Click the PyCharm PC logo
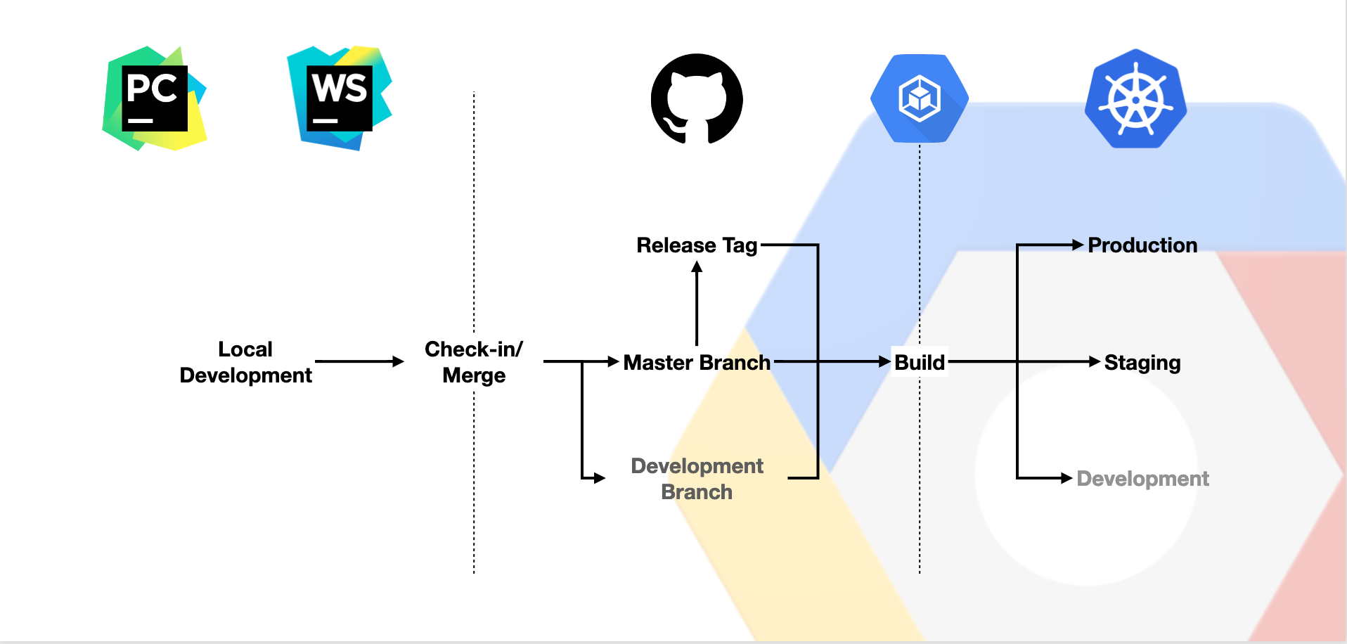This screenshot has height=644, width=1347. pyautogui.click(x=155, y=98)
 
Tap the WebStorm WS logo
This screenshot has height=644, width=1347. pyautogui.click(x=340, y=98)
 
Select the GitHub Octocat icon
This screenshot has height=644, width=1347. pyautogui.click(x=697, y=98)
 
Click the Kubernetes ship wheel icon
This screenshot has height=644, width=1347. pyautogui.click(x=1135, y=99)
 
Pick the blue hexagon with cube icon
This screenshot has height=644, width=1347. pyautogui.click(x=919, y=98)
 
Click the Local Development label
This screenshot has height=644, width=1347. pyautogui.click(x=245, y=362)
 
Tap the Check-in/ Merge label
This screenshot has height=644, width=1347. pyautogui.click(x=474, y=362)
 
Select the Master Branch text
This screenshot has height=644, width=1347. pyautogui.click(x=697, y=362)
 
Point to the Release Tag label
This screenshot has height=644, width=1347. pyautogui.click(x=697, y=245)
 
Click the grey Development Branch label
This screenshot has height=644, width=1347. pyautogui.click(x=697, y=479)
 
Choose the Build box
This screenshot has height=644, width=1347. pyautogui.click(x=919, y=362)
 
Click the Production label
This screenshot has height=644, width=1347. pyautogui.click(x=1142, y=245)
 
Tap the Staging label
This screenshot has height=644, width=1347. pyautogui.click(x=1142, y=362)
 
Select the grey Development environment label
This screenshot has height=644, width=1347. pyautogui.click(x=1142, y=479)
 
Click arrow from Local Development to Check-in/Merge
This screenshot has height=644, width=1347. pyautogui.click(x=359, y=361)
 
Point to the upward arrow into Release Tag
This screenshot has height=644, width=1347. pyautogui.click(x=697, y=302)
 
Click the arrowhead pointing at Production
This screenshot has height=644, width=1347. pyautogui.click(x=1078, y=245)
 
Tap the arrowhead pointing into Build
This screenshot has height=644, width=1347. pyautogui.click(x=885, y=361)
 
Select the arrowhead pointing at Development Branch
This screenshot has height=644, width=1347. pyautogui.click(x=599, y=478)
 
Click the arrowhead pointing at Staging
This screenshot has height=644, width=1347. pyautogui.click(x=1095, y=361)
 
